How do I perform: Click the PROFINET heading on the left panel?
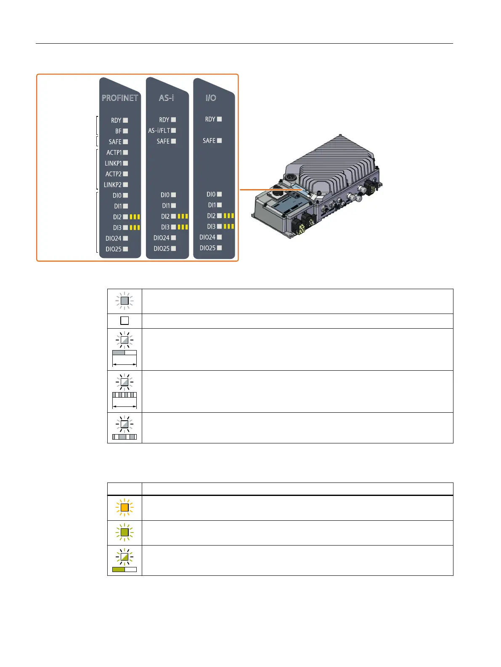tap(120, 98)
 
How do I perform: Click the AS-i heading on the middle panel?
tap(166, 98)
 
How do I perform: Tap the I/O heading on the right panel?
tap(211, 98)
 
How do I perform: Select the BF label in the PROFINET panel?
tap(118, 131)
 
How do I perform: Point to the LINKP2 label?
tap(113, 185)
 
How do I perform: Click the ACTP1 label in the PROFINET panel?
tap(114, 153)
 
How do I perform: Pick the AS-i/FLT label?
tap(159, 131)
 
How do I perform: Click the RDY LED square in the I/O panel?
tap(219, 119)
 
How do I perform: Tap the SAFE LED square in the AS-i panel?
tap(173, 141)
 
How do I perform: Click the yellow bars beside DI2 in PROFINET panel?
tap(135, 217)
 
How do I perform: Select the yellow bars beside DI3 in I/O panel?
tap(229, 227)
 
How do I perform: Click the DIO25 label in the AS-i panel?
tap(162, 249)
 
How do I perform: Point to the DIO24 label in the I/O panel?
tap(207, 237)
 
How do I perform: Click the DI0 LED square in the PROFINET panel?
tap(125, 195)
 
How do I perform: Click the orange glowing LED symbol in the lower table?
tap(125, 508)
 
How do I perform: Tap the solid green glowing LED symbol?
tap(125, 533)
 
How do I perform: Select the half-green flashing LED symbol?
tap(125, 557)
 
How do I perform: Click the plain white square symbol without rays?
tap(125, 321)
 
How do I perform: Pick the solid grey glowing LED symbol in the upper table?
tap(125, 301)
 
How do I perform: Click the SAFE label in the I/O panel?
tap(209, 141)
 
